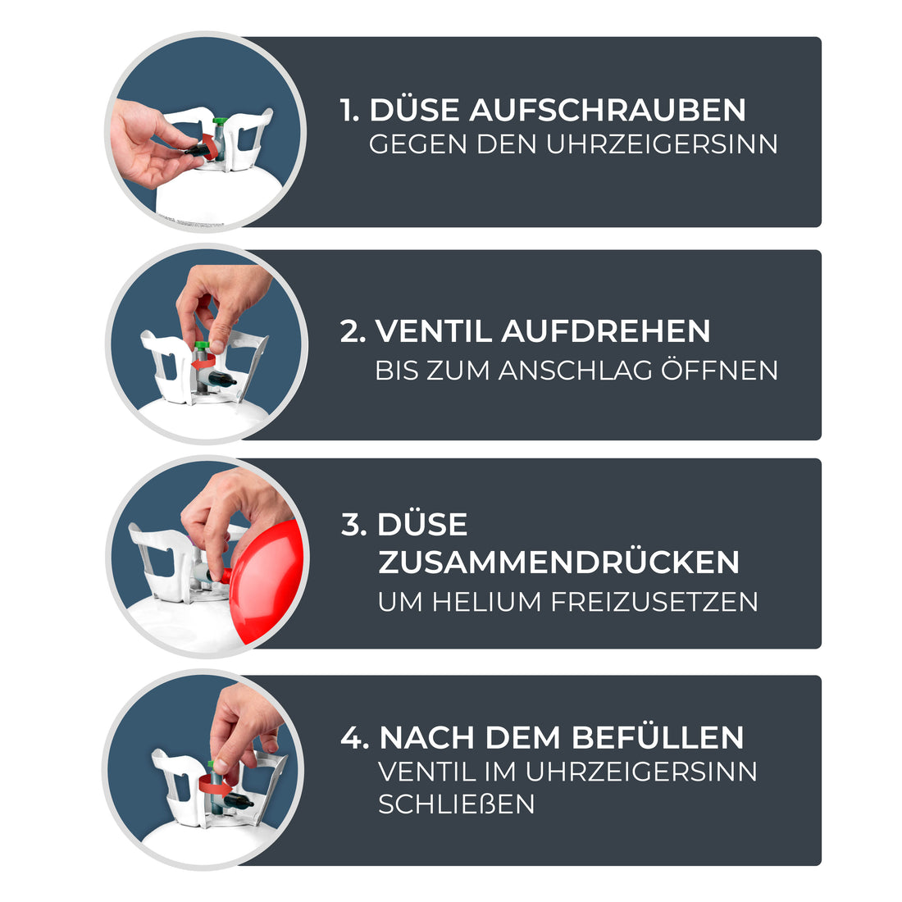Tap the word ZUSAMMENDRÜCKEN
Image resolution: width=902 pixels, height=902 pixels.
(x=558, y=563)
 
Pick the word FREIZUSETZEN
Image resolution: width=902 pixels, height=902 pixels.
(x=654, y=602)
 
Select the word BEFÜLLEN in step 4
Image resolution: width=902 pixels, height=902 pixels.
(x=658, y=737)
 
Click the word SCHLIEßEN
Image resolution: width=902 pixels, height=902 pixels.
(x=456, y=804)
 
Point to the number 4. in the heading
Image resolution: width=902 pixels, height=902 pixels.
(x=354, y=737)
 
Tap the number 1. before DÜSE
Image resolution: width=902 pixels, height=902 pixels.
(x=350, y=110)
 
